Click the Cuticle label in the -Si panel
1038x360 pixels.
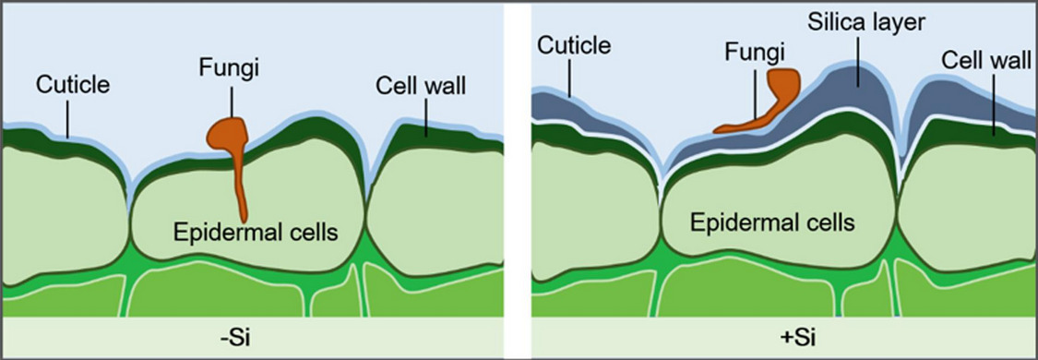73,86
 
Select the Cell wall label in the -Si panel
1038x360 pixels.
421,86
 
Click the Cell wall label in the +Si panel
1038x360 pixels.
984,60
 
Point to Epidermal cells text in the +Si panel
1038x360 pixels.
773,222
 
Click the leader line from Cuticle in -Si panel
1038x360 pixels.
68,118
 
